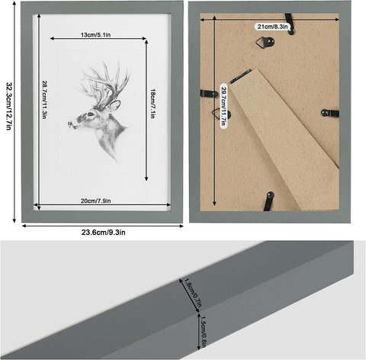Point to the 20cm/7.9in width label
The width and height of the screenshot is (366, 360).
click(95, 201)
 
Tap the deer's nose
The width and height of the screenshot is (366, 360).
click(69, 124)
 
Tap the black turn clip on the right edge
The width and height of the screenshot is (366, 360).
click(329, 113)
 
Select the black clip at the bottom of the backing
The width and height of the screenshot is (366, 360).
click(267, 201)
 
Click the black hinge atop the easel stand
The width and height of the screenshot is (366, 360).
click(240, 74)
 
